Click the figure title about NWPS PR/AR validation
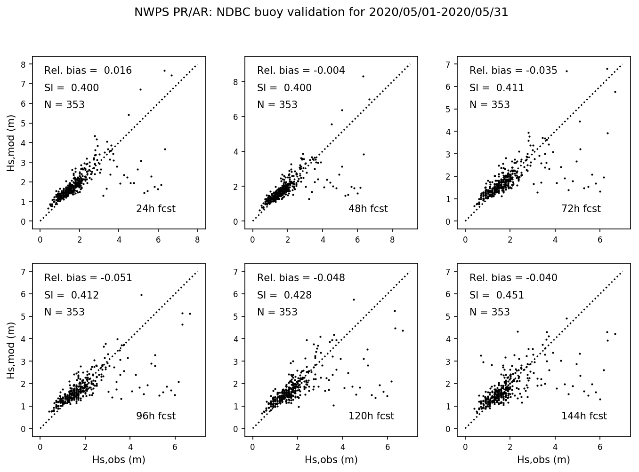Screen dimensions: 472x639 pyautogui.click(x=321, y=13)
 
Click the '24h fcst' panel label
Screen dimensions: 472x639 pyautogui.click(x=156, y=209)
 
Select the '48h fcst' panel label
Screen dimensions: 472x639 pyautogui.click(x=368, y=209)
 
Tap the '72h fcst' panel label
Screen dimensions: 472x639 pyautogui.click(x=581, y=209)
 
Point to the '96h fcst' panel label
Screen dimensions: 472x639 pyautogui.click(x=156, y=416)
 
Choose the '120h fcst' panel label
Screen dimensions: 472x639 pyautogui.click(x=371, y=416)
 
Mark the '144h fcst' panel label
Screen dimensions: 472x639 pyautogui.click(x=584, y=416)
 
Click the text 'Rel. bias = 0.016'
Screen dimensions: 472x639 pyautogui.click(x=88, y=71)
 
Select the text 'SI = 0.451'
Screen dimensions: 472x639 pyautogui.click(x=497, y=295)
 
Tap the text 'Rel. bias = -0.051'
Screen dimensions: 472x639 pyautogui.click(x=88, y=278)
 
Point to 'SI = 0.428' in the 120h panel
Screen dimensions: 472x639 pyautogui.click(x=284, y=295)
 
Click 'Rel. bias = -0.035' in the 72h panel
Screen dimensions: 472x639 pyautogui.click(x=513, y=71)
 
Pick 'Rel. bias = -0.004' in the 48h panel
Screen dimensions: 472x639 pyautogui.click(x=301, y=71)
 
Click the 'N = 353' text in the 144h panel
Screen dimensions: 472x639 pyautogui.click(x=490, y=312)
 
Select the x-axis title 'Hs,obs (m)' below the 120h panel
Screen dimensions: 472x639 pyautogui.click(x=331, y=460)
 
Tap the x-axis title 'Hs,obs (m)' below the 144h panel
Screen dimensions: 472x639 pyautogui.click(x=543, y=460)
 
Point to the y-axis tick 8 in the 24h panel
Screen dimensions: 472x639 pyautogui.click(x=23, y=64)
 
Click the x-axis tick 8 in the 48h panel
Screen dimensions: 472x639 pyautogui.click(x=393, y=240)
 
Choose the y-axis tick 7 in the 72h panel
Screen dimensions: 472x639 pyautogui.click(x=448, y=64)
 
